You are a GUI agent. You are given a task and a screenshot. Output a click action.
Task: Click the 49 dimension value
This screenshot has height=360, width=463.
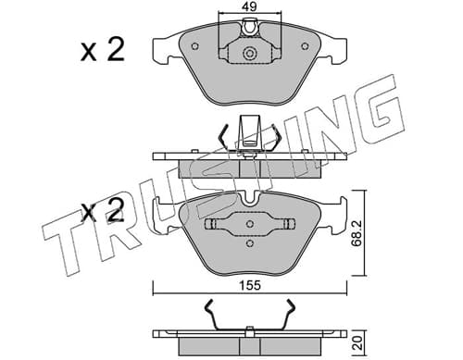click(249, 6)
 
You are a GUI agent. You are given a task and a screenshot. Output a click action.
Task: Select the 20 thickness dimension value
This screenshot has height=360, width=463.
click(358, 343)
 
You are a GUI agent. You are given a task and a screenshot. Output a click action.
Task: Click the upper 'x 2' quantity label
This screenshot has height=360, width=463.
click(103, 49)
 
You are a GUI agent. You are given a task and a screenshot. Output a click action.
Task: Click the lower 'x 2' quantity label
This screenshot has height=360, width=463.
click(103, 210)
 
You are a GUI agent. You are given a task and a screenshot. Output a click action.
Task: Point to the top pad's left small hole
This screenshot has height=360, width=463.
click(194, 46)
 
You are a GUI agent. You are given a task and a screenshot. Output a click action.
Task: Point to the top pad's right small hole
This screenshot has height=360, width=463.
click(305, 46)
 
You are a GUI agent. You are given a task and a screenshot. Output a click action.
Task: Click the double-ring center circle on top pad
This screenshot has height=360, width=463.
click(249, 54)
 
